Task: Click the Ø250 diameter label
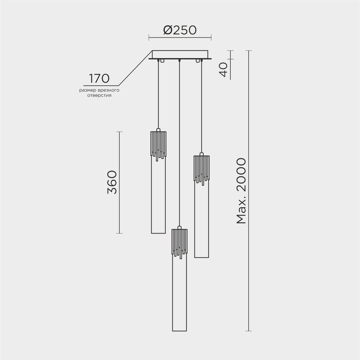coord(180,30)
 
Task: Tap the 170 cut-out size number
coord(99,79)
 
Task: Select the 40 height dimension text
coord(224,70)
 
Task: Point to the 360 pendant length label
coord(112,182)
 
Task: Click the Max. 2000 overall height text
coord(241,191)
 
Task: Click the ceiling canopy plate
coord(180,55)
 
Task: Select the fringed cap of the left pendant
coord(158,144)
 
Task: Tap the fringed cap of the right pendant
coord(201,168)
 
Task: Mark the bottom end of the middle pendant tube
coord(179,331)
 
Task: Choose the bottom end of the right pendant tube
coord(202,257)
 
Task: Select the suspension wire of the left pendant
coord(158,94)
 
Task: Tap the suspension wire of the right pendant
coord(201,106)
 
